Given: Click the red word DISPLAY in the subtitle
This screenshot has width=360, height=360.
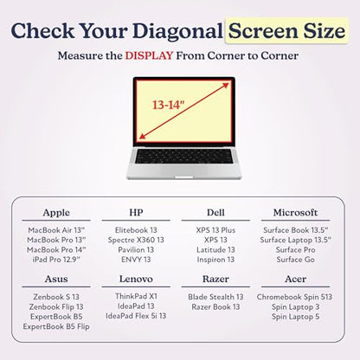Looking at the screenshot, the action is click(149, 55).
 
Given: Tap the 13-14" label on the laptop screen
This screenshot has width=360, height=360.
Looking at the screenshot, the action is click(168, 105).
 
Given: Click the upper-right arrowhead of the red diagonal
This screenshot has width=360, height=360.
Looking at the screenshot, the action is click(226, 85).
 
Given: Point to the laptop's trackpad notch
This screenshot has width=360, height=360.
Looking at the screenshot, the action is click(183, 177).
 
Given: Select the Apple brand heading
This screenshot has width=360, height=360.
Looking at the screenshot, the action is click(56, 213).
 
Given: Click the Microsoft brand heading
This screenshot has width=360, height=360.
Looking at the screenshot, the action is click(295, 213).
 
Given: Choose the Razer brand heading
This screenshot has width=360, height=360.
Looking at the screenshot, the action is click(215, 279).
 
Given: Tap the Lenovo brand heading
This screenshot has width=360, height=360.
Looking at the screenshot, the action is click(136, 279).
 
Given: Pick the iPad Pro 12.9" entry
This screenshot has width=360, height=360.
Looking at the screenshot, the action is click(56, 260).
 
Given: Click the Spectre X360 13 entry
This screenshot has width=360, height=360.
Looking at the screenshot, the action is click(136, 240).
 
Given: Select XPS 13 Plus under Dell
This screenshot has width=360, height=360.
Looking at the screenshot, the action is click(215, 230).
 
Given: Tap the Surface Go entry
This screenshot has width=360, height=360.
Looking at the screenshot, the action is click(295, 260).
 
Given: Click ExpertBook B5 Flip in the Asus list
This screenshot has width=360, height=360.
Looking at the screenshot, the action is click(56, 326).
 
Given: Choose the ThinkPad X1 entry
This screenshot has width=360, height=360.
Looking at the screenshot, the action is click(136, 296).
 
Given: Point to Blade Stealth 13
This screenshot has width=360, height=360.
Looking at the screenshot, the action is click(215, 297).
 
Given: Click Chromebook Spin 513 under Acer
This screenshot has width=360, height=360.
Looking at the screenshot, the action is click(294, 297).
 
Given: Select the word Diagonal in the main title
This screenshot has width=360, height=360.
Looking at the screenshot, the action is click(177, 30).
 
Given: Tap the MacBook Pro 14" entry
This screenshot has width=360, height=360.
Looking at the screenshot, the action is click(56, 250).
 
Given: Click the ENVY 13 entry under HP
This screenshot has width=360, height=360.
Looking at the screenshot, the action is click(136, 260).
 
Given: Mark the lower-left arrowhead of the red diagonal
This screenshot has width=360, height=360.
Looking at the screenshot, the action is click(143, 137).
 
